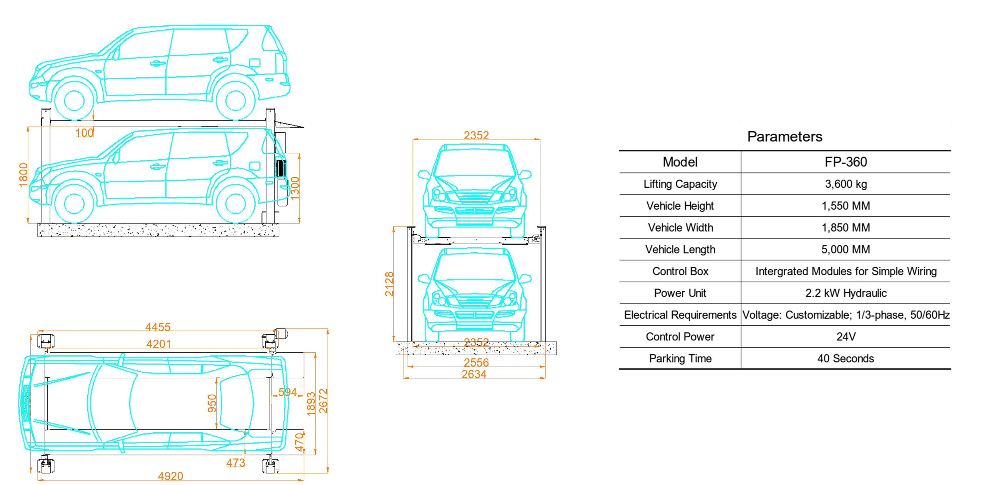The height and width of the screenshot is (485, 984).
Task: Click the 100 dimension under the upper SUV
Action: pyautogui.click(x=85, y=133)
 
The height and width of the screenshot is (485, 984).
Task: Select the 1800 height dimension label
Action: pyautogui.click(x=23, y=175)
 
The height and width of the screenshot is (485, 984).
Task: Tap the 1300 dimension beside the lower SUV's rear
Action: pyautogui.click(x=295, y=188)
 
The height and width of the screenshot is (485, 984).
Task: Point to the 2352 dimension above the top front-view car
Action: pyautogui.click(x=476, y=135)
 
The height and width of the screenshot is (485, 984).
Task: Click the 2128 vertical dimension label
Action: pyautogui.click(x=389, y=284)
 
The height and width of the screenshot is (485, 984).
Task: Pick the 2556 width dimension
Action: pyautogui.click(x=476, y=362)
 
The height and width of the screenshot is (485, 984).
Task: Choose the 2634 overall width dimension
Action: pyautogui.click(x=474, y=374)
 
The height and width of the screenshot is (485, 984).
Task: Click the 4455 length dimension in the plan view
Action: pyautogui.click(x=158, y=327)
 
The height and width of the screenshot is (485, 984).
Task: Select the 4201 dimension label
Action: pyautogui.click(x=159, y=343)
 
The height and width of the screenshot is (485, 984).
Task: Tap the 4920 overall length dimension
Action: pyautogui.click(x=171, y=476)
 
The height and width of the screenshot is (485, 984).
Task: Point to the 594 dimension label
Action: pyautogui.click(x=288, y=392)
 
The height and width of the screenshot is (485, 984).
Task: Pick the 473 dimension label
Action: pyautogui.click(x=235, y=463)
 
